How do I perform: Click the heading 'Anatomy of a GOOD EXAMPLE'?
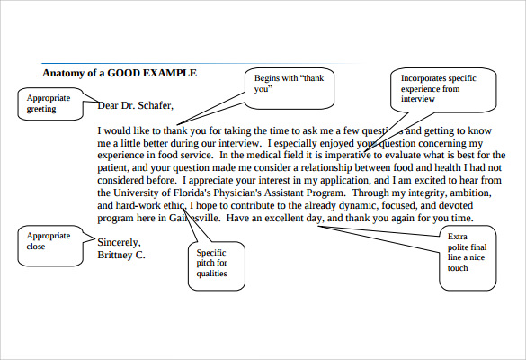[119, 73]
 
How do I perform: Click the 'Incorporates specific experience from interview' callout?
[442, 89]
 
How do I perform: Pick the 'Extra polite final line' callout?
[468, 252]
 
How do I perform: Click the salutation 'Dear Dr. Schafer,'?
[135, 106]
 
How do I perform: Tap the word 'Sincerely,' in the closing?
[120, 242]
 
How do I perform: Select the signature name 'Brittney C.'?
[121, 255]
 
